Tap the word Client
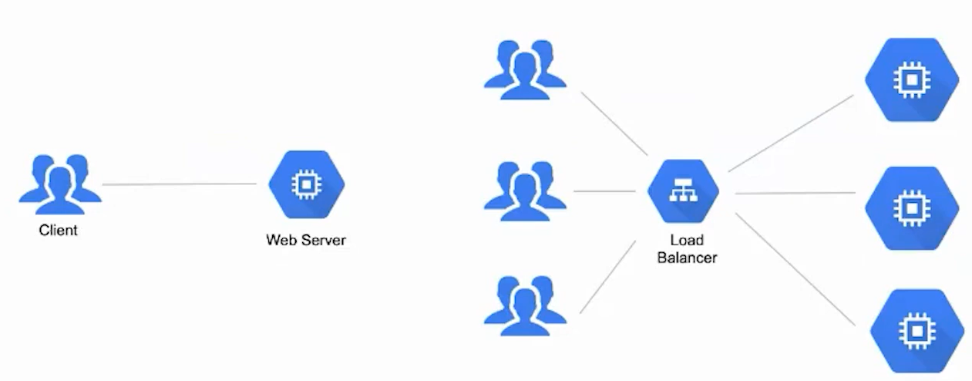tap(59, 230)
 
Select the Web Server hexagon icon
tap(306, 184)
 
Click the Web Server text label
tap(306, 240)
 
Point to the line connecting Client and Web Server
tap(179, 184)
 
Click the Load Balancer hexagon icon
tap(683, 192)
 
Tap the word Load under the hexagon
tap(686, 241)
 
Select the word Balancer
tap(687, 258)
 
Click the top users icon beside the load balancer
tap(525, 69)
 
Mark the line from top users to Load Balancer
tap(614, 123)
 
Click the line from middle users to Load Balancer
tap(604, 191)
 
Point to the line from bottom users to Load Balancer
tap(608, 276)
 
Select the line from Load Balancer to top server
tap(791, 133)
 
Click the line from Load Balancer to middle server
tap(795, 193)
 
